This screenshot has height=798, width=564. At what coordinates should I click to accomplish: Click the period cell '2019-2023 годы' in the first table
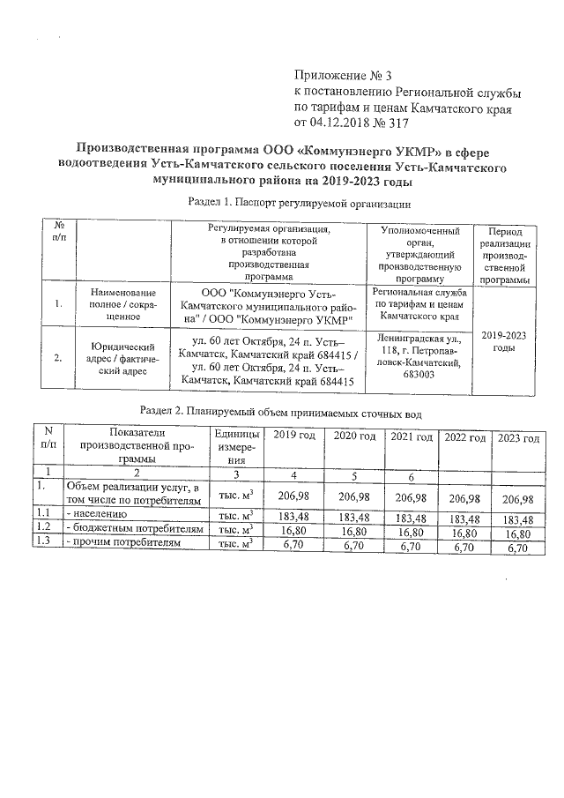coord(504,341)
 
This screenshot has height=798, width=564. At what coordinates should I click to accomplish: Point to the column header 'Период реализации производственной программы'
coord(504,254)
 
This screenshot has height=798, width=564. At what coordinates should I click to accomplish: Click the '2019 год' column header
coord(293,437)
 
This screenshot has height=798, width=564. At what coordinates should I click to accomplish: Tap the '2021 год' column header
coord(410,437)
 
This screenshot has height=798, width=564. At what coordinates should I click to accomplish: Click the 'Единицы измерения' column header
coord(236,447)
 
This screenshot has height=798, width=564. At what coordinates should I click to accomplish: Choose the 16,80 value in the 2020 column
coord(352,532)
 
